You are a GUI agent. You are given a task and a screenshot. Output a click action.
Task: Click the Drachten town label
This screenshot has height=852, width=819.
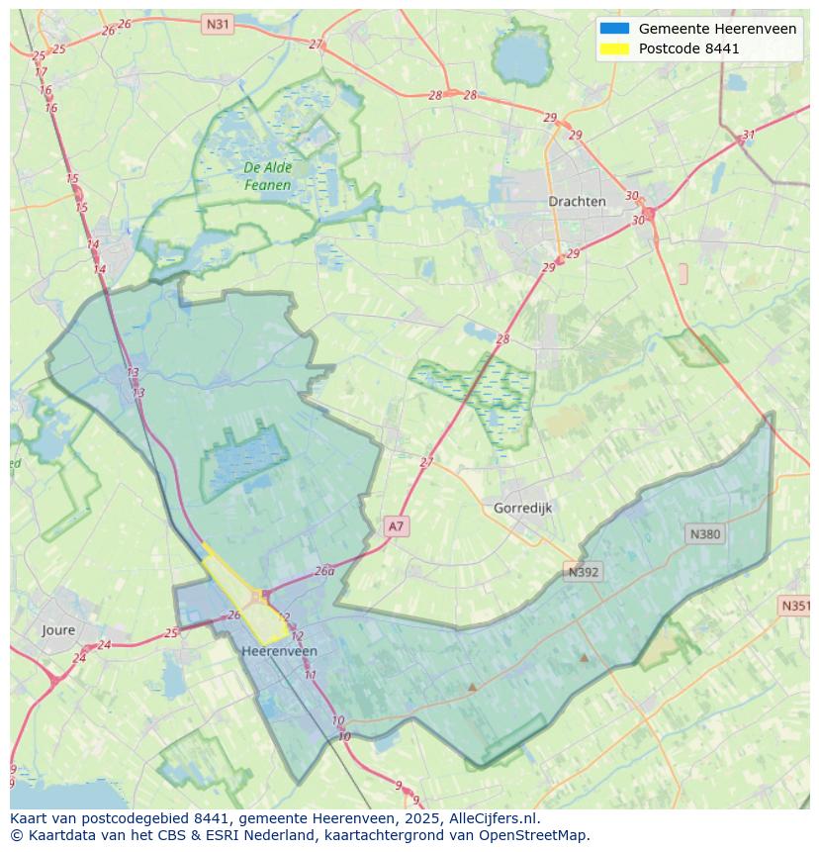pyautogui.click(x=577, y=201)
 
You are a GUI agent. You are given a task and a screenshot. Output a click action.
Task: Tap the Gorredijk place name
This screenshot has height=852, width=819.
pyautogui.click(x=522, y=508)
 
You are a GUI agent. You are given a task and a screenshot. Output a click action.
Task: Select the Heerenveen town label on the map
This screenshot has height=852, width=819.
pyautogui.click(x=280, y=651)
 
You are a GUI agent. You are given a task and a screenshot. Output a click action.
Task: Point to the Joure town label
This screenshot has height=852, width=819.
pyautogui.click(x=58, y=629)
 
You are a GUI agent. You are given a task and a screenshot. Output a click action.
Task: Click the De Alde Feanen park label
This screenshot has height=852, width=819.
pyautogui.click(x=267, y=176)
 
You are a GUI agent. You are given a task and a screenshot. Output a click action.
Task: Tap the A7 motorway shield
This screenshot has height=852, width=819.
pyautogui.click(x=396, y=526)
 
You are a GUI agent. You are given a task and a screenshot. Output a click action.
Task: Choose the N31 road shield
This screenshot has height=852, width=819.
pyautogui.click(x=218, y=23)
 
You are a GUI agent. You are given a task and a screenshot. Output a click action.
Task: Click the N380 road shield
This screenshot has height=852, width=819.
pyautogui.click(x=704, y=533)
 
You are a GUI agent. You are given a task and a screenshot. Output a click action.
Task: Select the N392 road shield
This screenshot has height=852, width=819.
pyautogui.click(x=584, y=571)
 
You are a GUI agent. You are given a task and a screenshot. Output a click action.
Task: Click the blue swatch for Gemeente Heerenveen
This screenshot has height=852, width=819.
pyautogui.click(x=614, y=29)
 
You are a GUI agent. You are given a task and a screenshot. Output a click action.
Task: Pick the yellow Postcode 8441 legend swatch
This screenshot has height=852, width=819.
pyautogui.click(x=614, y=48)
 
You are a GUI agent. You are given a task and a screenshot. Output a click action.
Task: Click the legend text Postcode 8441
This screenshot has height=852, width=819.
pyautogui.click(x=688, y=48)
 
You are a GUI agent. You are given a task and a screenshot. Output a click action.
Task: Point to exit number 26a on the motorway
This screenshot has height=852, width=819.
pyautogui.click(x=324, y=571)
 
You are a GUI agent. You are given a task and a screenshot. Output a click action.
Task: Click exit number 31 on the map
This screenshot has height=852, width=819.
pyautogui.click(x=749, y=136)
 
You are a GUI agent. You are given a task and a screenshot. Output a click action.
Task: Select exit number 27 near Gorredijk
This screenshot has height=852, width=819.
pyautogui.click(x=426, y=462)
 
